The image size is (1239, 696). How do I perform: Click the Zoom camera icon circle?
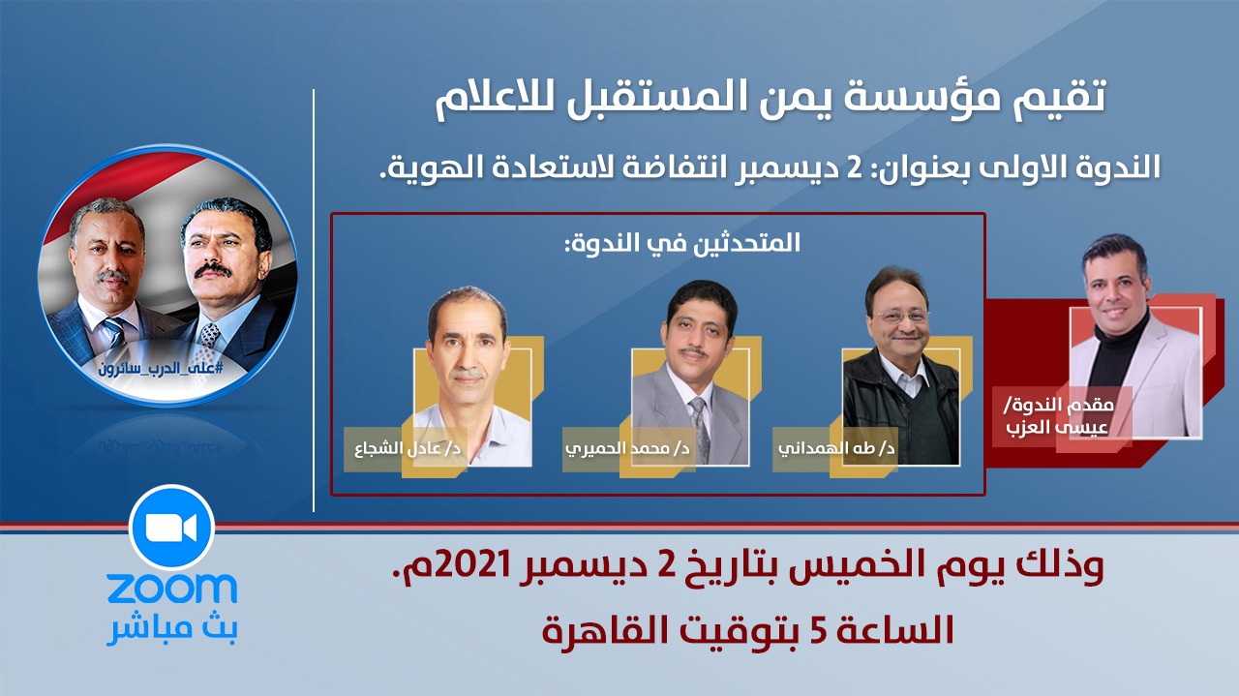[171, 528]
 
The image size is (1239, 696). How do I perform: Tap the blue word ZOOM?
[172, 589]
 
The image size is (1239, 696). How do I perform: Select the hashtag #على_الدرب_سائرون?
[161, 368]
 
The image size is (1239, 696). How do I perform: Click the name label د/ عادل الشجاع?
[408, 447]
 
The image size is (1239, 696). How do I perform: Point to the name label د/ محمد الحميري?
[627, 447]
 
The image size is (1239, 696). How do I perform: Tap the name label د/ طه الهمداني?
[836, 447]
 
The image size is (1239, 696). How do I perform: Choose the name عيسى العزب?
[1057, 428]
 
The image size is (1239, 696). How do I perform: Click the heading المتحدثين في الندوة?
[682, 243]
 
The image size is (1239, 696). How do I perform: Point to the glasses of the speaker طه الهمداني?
[901, 317]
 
